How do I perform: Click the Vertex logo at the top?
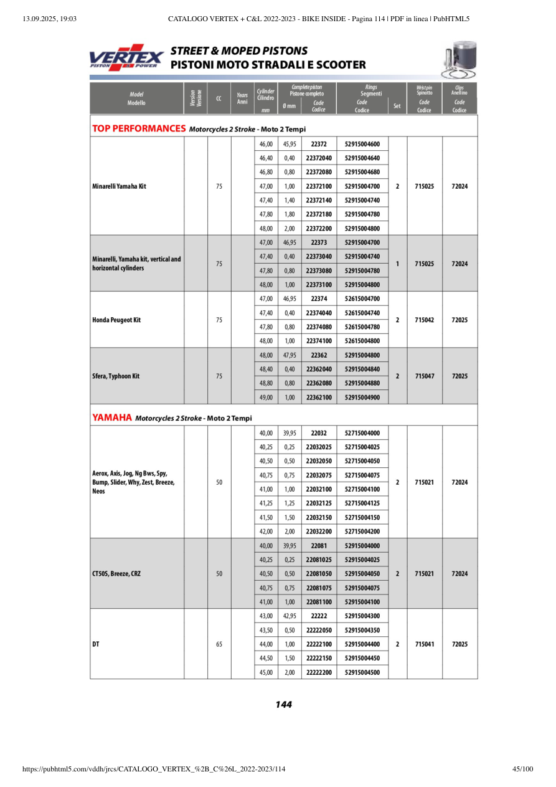[x=127, y=57]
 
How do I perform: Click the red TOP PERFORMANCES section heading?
[x=139, y=129]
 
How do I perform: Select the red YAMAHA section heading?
[x=112, y=417]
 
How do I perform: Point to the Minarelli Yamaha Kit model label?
[x=119, y=186]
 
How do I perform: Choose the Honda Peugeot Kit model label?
[x=116, y=320]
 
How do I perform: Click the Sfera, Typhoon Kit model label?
[x=116, y=376]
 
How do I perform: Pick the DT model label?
[x=95, y=644]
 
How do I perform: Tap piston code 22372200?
[x=319, y=228]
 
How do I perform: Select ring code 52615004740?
[x=362, y=313]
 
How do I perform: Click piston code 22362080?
[x=319, y=383]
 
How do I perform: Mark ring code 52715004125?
[x=362, y=503]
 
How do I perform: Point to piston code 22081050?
[x=319, y=574]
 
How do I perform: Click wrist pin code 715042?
[x=425, y=320]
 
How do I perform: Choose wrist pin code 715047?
[x=425, y=376]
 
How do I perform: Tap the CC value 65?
[x=219, y=644]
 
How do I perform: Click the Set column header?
[x=397, y=106]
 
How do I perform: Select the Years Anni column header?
[x=243, y=98]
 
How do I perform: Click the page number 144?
[x=283, y=705]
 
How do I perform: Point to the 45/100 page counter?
[x=522, y=770]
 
